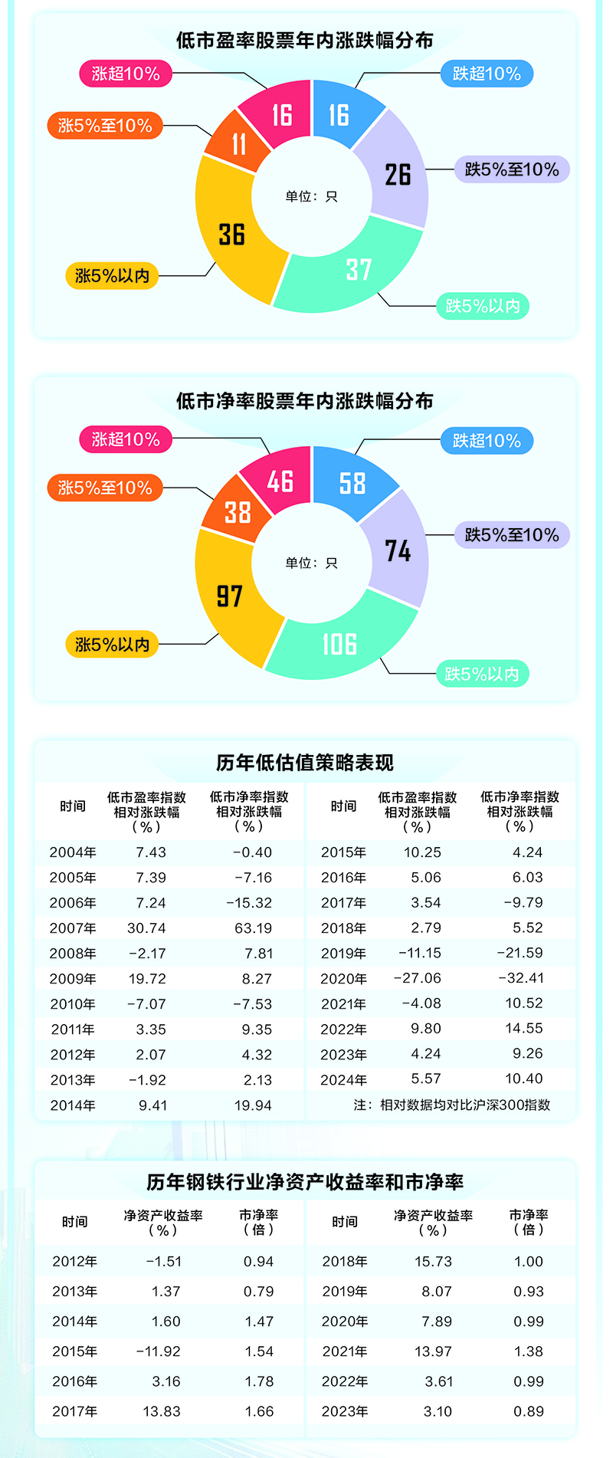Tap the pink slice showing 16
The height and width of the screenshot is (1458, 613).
pos(280,115)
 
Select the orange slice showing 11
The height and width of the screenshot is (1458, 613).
pos(238,143)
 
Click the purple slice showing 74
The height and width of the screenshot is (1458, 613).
pos(398,550)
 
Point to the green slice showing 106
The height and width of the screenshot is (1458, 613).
pos(339,644)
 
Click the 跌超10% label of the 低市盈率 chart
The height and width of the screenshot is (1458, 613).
pos(487,74)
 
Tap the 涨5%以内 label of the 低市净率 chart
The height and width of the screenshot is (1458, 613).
pos(112,644)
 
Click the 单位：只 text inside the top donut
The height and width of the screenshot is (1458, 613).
pos(311,196)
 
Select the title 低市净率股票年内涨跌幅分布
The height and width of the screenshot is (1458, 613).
pos(305,401)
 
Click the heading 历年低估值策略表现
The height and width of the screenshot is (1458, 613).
pos(305,762)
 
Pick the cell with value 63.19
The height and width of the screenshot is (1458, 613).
pos(253,928)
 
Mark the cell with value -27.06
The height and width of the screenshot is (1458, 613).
pos(417,978)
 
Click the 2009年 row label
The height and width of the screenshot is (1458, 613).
pos(73,979)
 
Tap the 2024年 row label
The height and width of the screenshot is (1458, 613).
pos(343,1079)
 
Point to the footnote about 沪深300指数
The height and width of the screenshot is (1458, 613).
pos(452,1105)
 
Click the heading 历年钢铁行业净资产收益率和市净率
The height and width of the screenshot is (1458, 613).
pos(305,1182)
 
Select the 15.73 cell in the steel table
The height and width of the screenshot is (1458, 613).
pos(433,1261)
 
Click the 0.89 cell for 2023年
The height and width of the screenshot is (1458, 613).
pos(529,1410)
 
